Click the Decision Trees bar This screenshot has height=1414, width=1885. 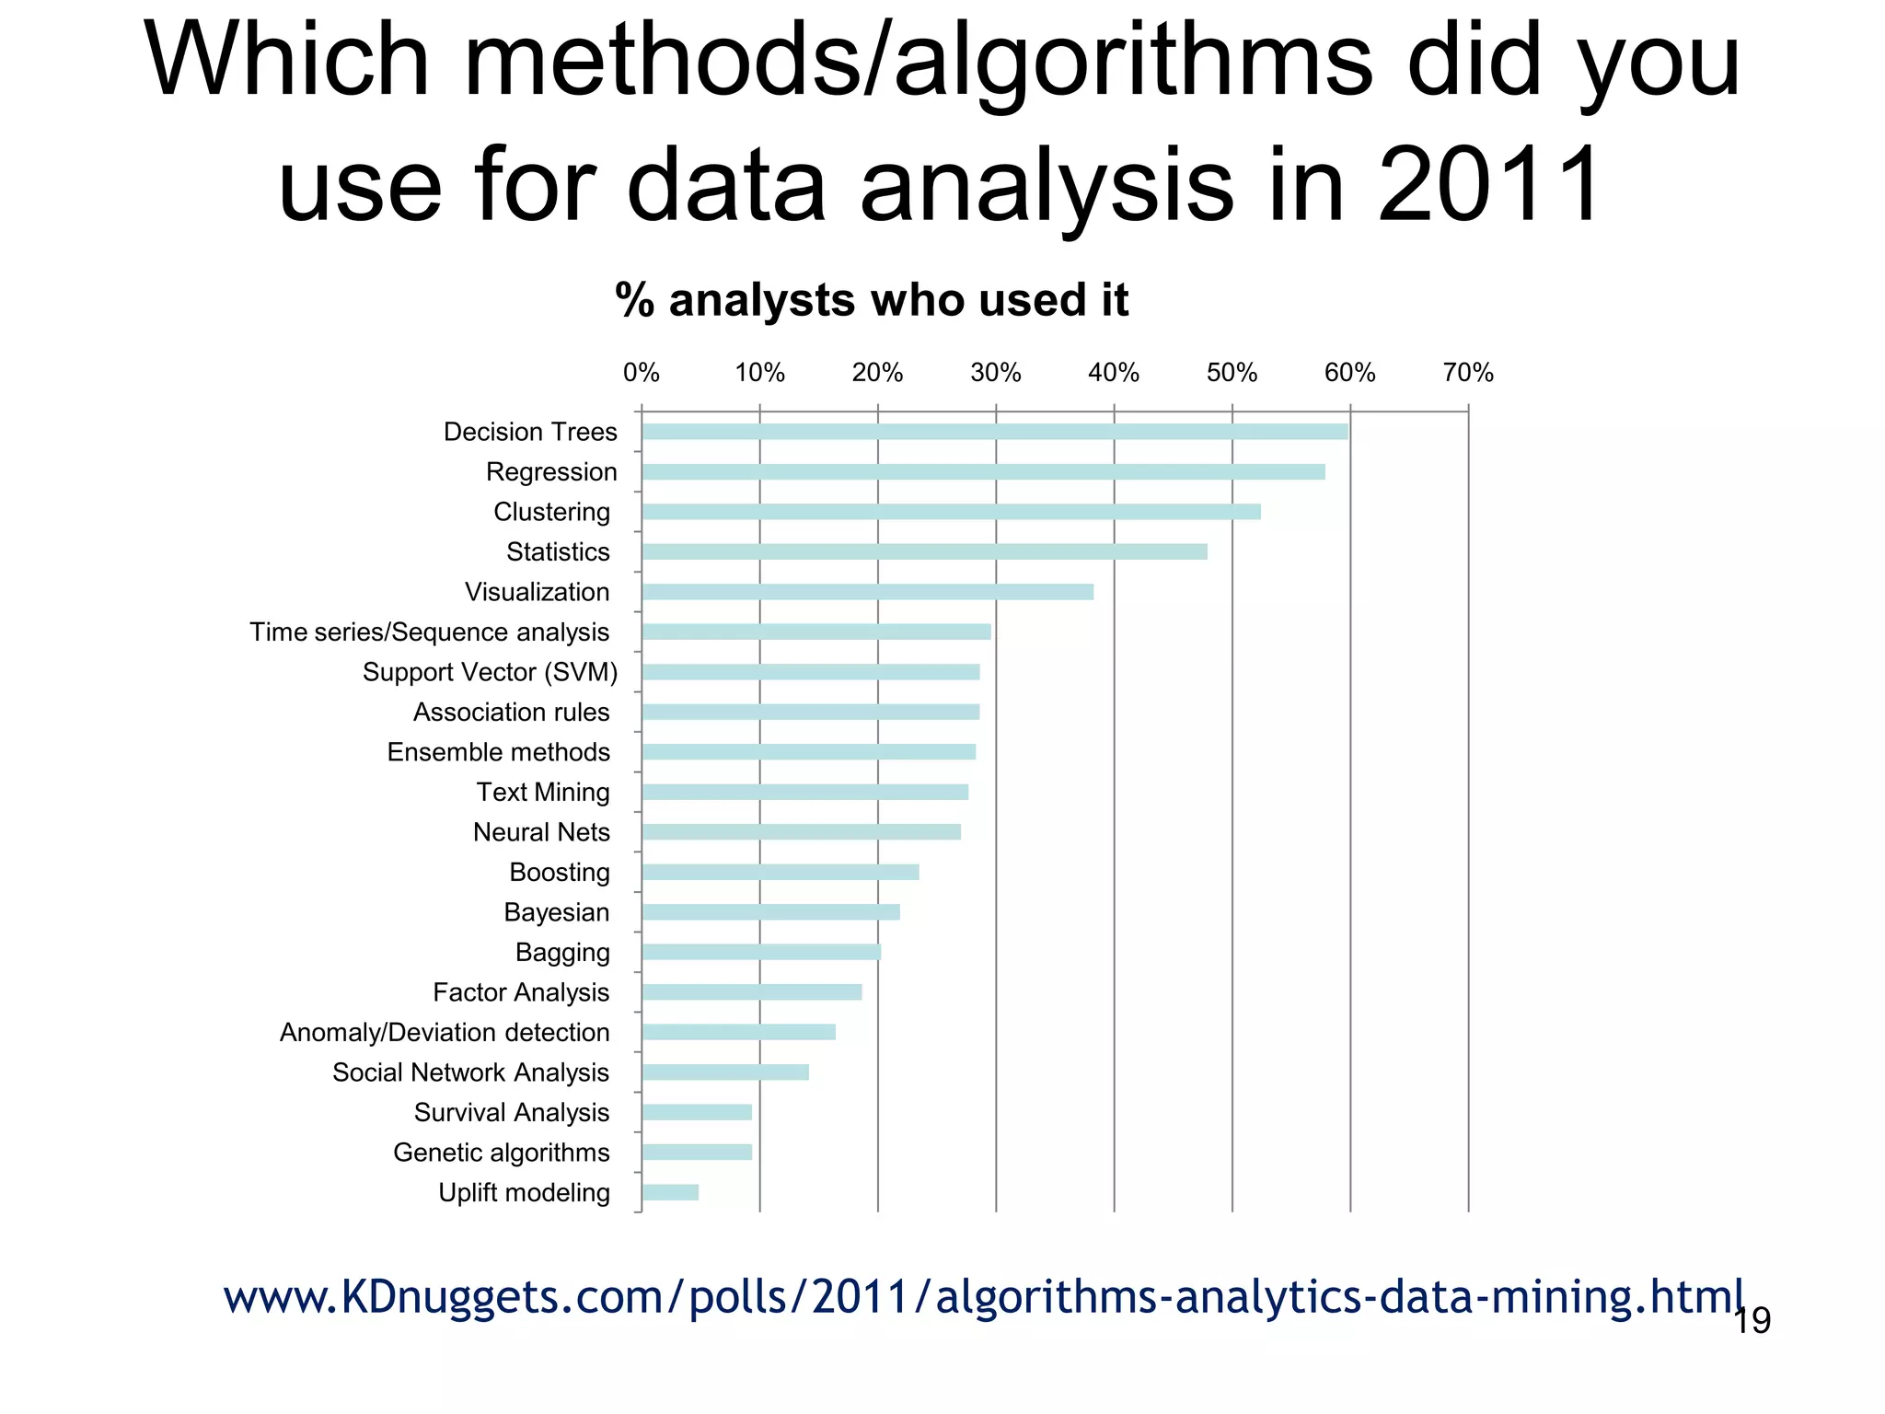pos(994,432)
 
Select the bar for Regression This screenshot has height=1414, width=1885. pos(983,472)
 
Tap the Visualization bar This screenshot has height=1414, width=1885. pos(867,592)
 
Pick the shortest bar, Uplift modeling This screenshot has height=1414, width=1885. pos(670,1193)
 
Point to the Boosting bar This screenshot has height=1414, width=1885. pos(781,872)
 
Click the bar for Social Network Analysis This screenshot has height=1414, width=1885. pos(725,1072)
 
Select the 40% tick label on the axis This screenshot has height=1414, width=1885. pos(1114,373)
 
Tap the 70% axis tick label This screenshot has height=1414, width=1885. pos(1468,373)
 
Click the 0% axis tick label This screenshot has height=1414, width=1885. pos(641,373)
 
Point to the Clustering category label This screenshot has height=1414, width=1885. pos(551,512)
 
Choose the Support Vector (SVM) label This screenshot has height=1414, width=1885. pos(490,672)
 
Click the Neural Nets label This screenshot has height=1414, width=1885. pos(541,832)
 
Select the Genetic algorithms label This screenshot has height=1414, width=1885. pos(501,1153)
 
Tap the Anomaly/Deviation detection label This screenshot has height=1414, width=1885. pos(445,1033)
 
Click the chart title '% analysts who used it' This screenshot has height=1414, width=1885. pos(872,300)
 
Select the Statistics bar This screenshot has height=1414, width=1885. pos(924,552)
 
